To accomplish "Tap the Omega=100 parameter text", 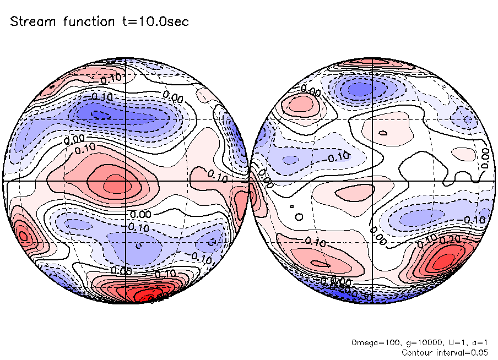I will pyautogui.click(x=371, y=342).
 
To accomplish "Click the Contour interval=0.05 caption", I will pyautogui.click(x=445, y=352).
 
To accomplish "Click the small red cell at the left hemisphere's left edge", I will pyautogui.click(x=24, y=236).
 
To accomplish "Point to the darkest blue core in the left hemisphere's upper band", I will pyautogui.click(x=100, y=115).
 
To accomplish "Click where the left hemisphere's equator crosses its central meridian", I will pyautogui.click(x=126, y=181).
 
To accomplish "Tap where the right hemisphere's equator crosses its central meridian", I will pyautogui.click(x=373, y=181).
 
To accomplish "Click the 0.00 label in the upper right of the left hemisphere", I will pyautogui.click(x=174, y=98).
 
